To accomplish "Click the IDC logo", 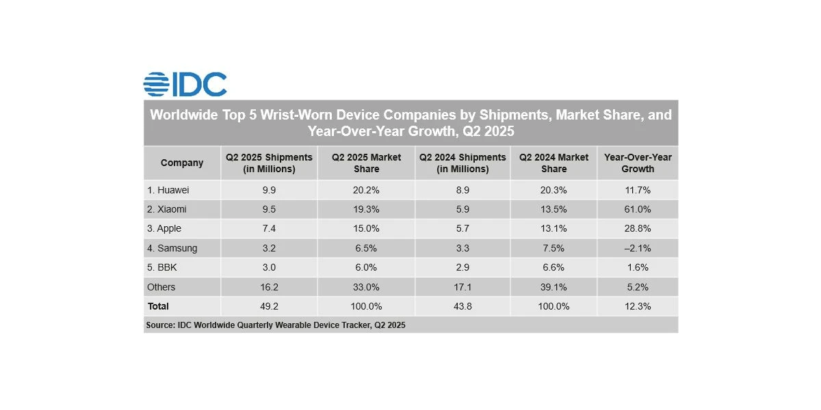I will [185, 84].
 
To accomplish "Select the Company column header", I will [182, 163].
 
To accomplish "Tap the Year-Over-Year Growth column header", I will [638, 163].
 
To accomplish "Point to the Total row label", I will [158, 306].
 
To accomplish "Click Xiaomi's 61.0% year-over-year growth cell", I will [638, 209].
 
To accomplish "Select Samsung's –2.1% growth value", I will [638, 248].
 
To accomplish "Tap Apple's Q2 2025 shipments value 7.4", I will [269, 229].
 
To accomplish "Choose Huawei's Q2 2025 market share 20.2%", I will [366, 190].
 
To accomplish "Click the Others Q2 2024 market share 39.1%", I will [553, 287].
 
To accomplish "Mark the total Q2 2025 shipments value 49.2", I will [269, 306].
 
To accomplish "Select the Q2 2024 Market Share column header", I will [553, 163].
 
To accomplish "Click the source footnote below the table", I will [276, 325].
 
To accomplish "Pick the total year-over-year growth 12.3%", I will [638, 306].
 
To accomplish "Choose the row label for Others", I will [161, 287].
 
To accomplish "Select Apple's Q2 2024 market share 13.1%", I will [553, 229].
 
